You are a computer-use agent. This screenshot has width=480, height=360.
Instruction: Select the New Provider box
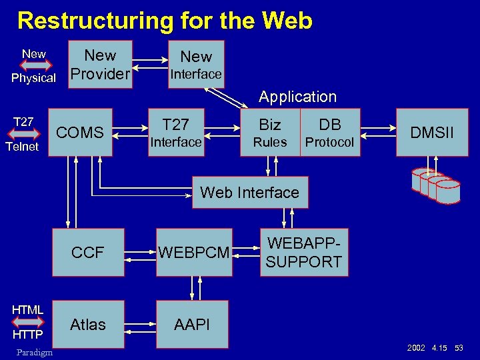tap(101, 65)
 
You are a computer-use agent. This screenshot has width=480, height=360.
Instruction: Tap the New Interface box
tap(195, 65)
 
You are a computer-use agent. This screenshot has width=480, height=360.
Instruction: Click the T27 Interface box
tap(175, 133)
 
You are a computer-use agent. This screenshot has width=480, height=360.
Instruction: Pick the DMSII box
tap(431, 133)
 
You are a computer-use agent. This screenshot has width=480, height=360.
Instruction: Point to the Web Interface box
tap(250, 193)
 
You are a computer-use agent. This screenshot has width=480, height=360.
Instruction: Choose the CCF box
tap(87, 252)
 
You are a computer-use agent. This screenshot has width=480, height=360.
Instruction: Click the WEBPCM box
tap(194, 252)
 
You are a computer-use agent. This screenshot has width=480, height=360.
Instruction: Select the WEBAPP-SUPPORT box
tap(303, 252)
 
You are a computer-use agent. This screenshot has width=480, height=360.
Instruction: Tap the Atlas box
tap(87, 325)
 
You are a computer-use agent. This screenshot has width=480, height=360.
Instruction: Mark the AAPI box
tap(192, 325)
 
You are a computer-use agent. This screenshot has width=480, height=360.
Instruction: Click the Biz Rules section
tap(270, 133)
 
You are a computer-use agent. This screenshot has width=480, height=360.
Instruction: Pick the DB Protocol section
tap(330, 133)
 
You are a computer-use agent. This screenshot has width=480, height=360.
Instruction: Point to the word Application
tap(297, 97)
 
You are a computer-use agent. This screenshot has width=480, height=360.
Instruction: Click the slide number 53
tap(459, 349)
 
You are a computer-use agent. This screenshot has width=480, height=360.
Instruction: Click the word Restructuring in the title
tap(93, 21)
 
